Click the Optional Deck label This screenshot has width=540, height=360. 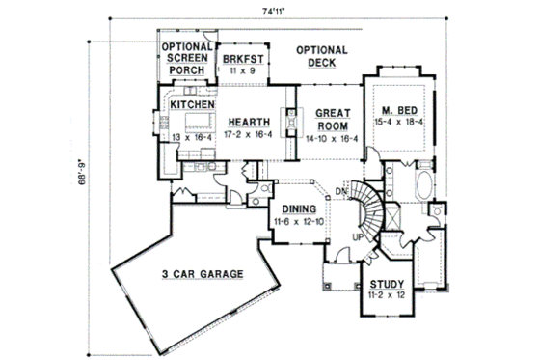(x=322, y=57)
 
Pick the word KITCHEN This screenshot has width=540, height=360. (x=191, y=103)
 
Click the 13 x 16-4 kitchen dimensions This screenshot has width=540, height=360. (x=191, y=138)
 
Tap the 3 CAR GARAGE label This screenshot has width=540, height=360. (x=199, y=273)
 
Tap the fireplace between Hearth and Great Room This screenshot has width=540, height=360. (x=286, y=124)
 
